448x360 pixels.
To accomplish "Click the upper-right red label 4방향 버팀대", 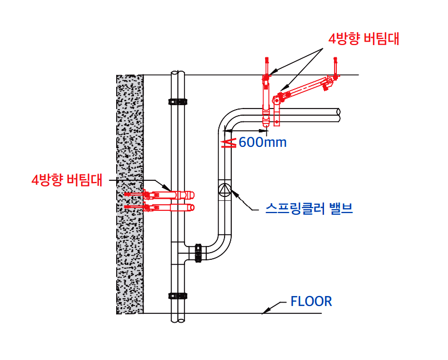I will pyautogui.click(x=364, y=39).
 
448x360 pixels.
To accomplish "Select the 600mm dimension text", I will pyautogui.click(x=262, y=142).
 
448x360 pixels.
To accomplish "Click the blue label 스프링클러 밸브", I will pyautogui.click(x=308, y=209).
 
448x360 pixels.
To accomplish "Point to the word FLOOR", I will pyautogui.click(x=311, y=302).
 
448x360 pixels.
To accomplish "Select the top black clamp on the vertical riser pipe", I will pyautogui.click(x=178, y=102).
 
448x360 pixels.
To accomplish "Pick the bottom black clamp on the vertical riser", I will pyautogui.click(x=178, y=295).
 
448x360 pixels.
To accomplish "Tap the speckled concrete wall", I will pyautogui.click(x=130, y=195).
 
